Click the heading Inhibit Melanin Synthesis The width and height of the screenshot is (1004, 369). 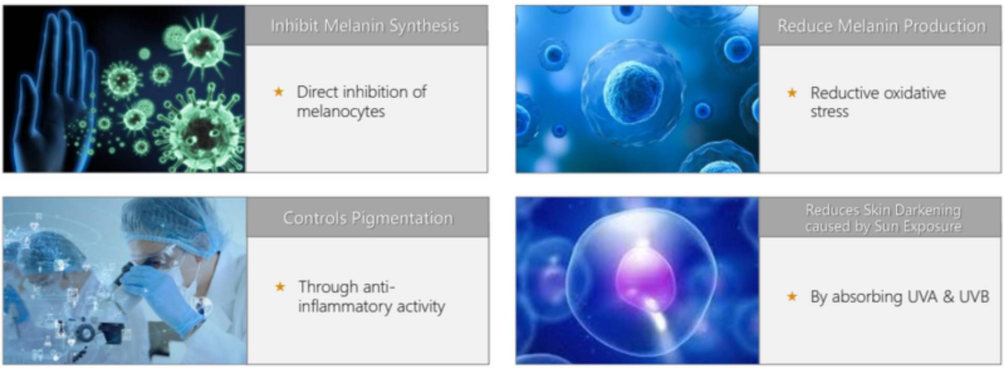365,26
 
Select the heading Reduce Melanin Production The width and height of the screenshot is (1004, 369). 882,26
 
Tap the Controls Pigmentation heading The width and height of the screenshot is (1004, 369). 368,218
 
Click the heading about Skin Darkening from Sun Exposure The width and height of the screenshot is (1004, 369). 883,218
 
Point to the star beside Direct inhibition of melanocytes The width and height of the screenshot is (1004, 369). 279,92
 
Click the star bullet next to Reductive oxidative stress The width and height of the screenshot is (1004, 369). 792,93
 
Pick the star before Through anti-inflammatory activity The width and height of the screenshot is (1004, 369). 280,287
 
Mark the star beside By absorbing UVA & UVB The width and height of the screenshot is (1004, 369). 792,297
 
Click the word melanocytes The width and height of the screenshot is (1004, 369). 341,112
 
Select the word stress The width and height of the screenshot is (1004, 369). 830,112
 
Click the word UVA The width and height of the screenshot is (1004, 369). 923,297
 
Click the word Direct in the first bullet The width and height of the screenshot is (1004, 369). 317,92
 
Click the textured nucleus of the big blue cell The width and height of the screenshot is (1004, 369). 633,93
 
